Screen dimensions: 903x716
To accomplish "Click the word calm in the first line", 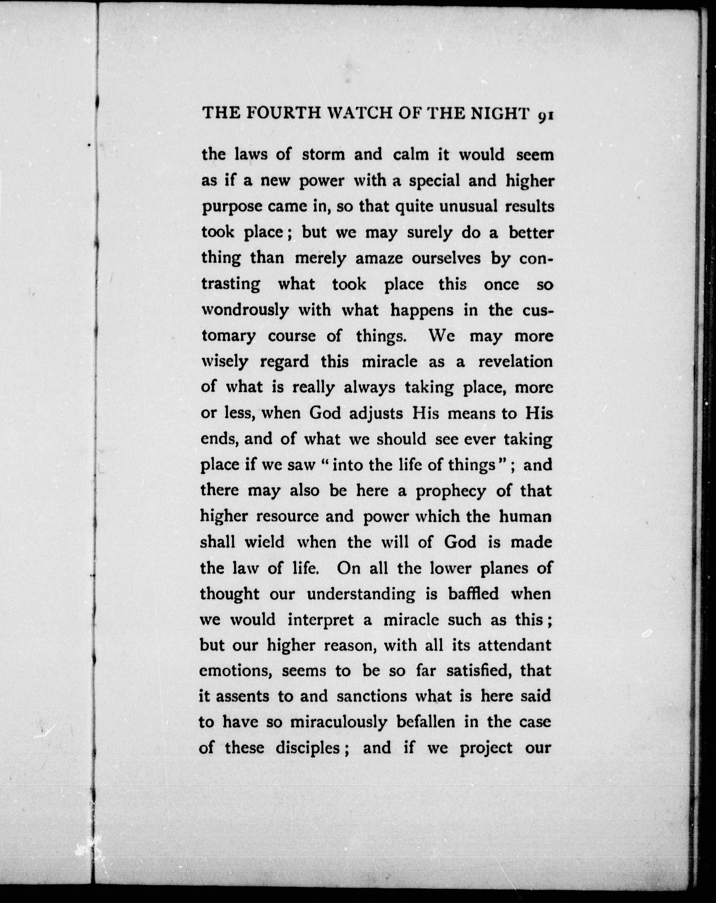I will pyautogui.click(x=411, y=155).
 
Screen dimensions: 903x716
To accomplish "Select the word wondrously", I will pyautogui.click(x=245, y=310).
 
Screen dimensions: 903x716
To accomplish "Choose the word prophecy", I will pyautogui.click(x=450, y=491).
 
